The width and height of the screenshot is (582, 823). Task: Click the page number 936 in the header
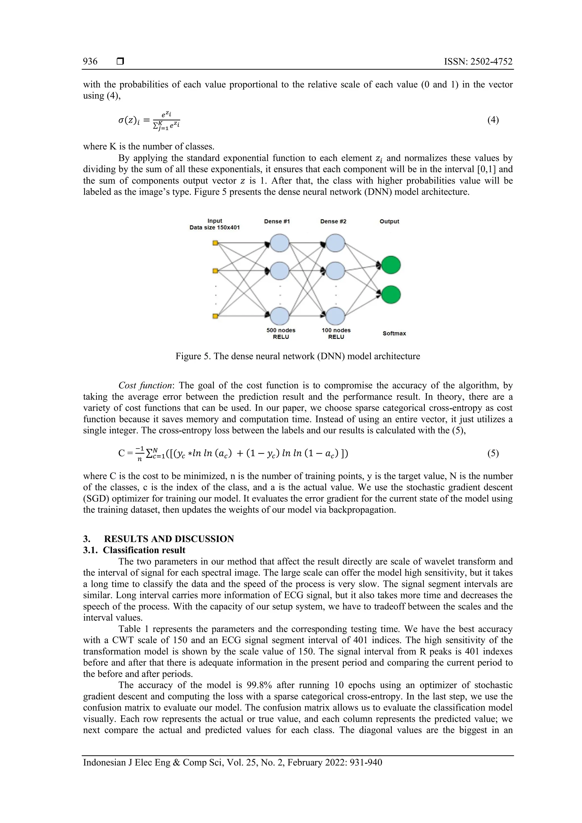pos(90,61)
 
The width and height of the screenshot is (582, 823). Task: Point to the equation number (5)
pos(493,454)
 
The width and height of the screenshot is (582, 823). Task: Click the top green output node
pos(391,265)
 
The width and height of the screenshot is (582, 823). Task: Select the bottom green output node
pos(391,295)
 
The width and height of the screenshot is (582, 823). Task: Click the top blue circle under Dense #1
pos(280,243)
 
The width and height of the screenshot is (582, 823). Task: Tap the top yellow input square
pos(215,243)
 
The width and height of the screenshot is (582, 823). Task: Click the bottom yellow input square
pos(215,316)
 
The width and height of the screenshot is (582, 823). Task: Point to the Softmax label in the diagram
pos(394,333)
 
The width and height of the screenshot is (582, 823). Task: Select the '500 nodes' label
pos(281,330)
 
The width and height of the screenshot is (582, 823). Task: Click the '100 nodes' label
pos(336,330)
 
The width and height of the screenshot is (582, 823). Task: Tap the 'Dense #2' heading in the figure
pos(333,221)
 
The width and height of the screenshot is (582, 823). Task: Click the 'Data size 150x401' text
pos(215,228)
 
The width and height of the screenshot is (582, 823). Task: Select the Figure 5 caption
pos(298,356)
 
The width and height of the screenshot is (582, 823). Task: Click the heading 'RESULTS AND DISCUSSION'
pos(169,539)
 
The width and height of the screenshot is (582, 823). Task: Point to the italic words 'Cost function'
pos(145,386)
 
